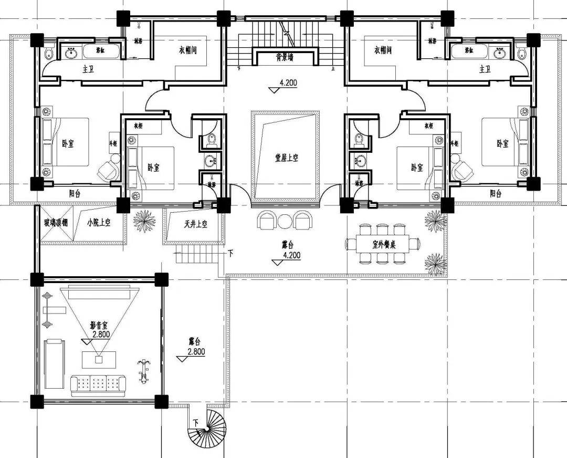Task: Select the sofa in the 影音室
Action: tap(98, 386)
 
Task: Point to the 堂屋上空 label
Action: tap(286, 158)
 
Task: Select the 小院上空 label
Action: tap(99, 222)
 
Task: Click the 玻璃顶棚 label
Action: tap(55, 222)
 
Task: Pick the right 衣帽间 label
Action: tap(384, 50)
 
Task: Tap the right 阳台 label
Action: tap(495, 193)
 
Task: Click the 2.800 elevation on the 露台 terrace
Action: tap(195, 352)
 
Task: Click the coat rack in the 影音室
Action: tap(142, 370)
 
